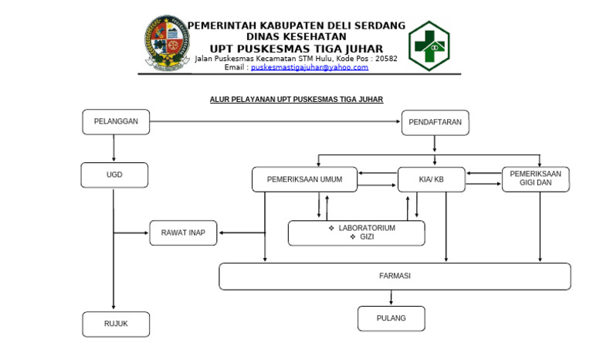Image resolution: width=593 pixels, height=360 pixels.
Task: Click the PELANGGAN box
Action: coord(116,122)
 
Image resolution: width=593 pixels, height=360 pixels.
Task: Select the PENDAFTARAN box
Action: coord(435,123)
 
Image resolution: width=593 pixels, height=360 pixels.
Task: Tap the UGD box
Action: coord(114,175)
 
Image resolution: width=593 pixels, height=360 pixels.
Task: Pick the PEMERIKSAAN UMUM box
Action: coord(305,179)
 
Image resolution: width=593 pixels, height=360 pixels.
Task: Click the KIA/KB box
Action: coord(432,179)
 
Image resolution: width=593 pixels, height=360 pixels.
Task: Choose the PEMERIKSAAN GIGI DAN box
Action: coord(536,179)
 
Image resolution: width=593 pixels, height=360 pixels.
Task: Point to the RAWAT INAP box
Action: coord(184,233)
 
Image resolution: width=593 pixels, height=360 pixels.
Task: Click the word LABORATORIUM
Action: coord(367,228)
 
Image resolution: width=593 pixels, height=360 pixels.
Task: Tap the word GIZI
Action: coord(367,237)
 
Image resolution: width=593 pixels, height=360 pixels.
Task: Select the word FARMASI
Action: coord(395,276)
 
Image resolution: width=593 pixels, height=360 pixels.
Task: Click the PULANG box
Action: coord(391,318)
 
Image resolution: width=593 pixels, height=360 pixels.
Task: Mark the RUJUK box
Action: coord(116,324)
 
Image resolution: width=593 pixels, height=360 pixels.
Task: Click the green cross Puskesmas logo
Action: coord(429,46)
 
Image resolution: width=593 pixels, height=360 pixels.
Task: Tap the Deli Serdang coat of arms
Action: coord(167,42)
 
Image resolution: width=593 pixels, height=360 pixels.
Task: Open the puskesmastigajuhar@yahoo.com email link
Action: coord(310,67)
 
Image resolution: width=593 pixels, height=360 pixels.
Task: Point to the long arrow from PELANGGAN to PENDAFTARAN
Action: coord(275,121)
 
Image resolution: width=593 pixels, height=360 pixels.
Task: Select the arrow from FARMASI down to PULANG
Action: coord(391,297)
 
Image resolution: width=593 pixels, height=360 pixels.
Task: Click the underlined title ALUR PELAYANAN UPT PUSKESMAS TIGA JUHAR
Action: coord(296,100)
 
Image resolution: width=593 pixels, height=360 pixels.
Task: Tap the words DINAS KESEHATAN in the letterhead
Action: coord(296,37)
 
